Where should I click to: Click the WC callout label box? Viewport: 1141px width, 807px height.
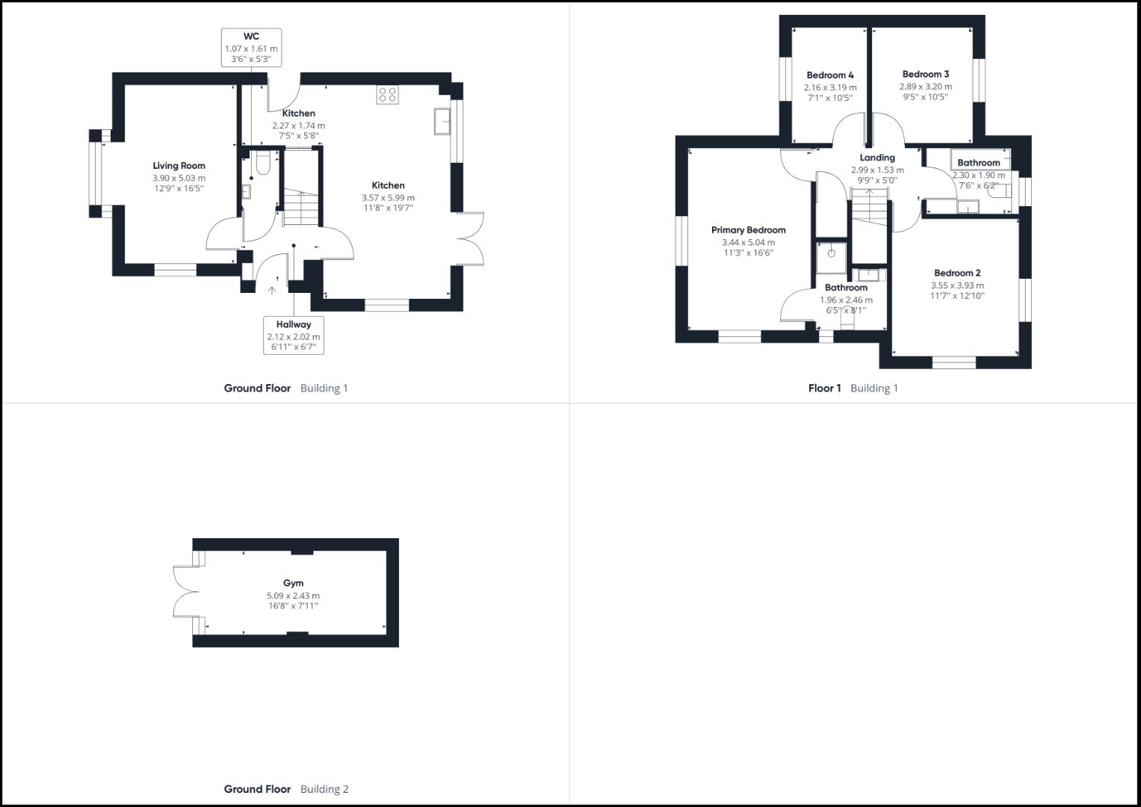251,48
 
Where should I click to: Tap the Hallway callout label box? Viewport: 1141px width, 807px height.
294,336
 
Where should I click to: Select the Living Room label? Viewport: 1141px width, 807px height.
179,166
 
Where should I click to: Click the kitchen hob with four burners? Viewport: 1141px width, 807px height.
387,95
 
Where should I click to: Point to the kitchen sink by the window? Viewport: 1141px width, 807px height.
442,121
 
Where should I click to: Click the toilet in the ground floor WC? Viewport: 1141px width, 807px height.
262,163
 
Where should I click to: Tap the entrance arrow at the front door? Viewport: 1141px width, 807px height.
271,289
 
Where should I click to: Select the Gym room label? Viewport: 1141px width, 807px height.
293,583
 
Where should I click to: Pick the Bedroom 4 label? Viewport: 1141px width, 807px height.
830,75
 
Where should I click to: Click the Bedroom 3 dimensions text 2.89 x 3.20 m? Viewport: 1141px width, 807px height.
925,87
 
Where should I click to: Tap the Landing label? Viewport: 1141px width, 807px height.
877,158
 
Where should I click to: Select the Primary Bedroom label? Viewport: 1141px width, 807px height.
748,230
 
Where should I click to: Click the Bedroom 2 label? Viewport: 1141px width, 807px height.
957,273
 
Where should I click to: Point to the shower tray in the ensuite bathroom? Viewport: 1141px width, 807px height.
831,254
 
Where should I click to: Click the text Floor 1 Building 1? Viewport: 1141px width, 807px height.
853,388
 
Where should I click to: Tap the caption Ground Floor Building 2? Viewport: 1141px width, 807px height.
286,789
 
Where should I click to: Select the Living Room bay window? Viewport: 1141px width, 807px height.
96,173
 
